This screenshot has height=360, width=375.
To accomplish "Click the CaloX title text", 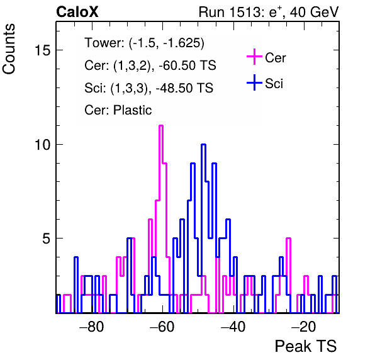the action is tap(77, 12).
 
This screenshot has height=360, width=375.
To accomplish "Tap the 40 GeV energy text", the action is tap(314, 12).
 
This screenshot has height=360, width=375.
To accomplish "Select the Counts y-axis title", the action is tap(9, 49).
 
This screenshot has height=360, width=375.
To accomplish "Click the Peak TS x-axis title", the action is tap(306, 346).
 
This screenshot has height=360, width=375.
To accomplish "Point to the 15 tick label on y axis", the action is tap(43, 50).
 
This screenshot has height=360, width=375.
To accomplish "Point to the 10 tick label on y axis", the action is tap(43, 145).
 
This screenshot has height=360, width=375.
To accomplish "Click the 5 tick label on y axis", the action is tap(47, 239).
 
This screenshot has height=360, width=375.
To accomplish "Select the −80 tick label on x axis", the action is tap(92, 326).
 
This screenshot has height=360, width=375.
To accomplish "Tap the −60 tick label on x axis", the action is tap(162, 326).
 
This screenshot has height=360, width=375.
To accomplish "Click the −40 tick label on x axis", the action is tap(233, 326).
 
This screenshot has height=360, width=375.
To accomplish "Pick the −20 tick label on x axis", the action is tap(303, 326).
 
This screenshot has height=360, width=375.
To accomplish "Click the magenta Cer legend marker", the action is tap(254, 57).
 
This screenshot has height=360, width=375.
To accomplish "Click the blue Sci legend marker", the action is tap(254, 83).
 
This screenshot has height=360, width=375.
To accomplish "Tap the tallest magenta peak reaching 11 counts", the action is tap(161, 126).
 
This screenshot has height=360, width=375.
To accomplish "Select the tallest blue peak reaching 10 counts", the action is tap(203, 145).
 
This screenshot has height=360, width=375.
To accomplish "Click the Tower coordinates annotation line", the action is tap(145, 43).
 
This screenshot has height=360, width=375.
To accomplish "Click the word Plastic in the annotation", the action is tap(132, 110).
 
